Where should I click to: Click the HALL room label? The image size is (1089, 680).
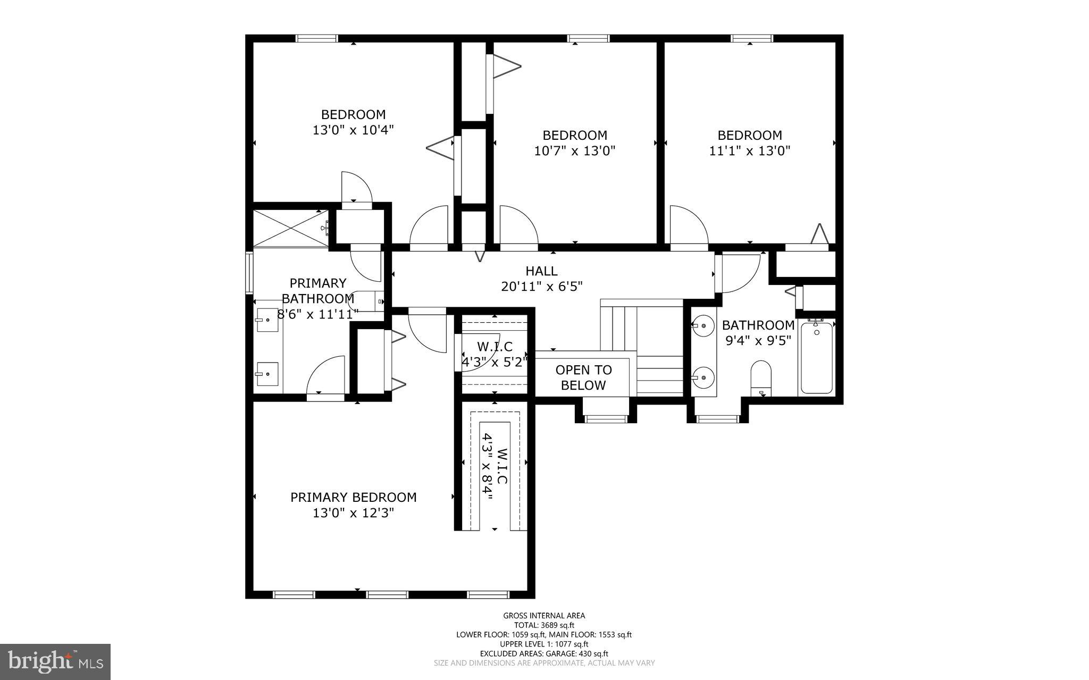(x=541, y=271)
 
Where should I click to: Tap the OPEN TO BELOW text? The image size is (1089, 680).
(x=583, y=377)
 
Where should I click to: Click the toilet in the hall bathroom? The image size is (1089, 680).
(x=761, y=376)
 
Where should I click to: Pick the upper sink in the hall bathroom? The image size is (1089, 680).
(x=704, y=325)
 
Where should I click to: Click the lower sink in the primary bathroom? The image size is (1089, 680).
(x=267, y=374)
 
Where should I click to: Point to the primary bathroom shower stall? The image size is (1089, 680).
(x=290, y=228)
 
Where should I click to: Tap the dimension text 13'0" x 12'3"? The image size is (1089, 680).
(x=353, y=513)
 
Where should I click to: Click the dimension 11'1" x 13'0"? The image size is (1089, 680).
(x=750, y=151)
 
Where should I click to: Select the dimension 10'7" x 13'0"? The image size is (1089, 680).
(x=574, y=151)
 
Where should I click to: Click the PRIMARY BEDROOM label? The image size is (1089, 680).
(x=353, y=497)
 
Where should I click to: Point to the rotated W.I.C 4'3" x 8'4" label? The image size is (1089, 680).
(x=495, y=467)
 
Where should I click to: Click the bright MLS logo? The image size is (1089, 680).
(x=55, y=661)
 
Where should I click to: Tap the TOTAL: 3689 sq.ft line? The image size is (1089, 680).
(x=544, y=625)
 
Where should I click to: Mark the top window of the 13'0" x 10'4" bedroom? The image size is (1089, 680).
(x=316, y=38)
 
